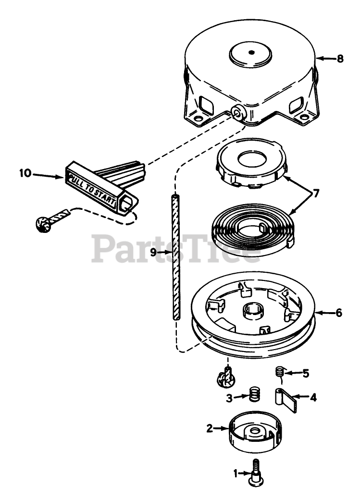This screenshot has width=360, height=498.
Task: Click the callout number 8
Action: (x=340, y=59)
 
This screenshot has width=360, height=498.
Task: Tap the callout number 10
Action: (x=25, y=173)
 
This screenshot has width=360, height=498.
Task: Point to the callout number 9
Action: (x=153, y=252)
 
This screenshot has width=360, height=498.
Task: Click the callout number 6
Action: (x=339, y=313)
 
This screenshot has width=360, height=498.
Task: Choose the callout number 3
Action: (x=230, y=398)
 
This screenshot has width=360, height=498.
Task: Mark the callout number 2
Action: (x=209, y=428)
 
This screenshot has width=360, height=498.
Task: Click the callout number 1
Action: (x=236, y=474)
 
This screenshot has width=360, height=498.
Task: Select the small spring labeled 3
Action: (x=254, y=395)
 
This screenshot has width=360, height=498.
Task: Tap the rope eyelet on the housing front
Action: (x=237, y=113)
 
